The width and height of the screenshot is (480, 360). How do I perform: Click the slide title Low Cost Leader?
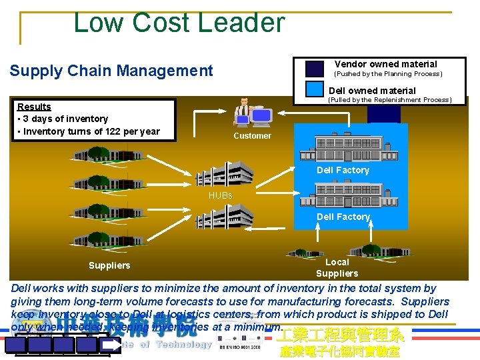click(179, 22)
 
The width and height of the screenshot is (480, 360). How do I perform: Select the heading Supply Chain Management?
click(111, 71)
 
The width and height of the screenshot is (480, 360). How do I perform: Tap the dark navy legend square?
click(314, 69)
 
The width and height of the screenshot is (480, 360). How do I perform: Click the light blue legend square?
click(314, 89)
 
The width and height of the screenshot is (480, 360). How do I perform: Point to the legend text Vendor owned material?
click(385, 64)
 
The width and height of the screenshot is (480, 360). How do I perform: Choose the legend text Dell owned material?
click(372, 91)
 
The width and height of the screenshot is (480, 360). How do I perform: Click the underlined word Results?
click(34, 107)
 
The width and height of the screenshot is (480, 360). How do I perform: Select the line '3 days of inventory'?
click(62, 119)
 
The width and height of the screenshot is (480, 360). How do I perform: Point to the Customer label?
click(252, 136)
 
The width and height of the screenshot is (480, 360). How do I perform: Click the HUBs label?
click(221, 195)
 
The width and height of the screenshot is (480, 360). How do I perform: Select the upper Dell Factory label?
click(343, 170)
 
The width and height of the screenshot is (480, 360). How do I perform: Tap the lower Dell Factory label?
click(343, 217)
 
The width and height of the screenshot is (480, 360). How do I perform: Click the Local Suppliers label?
click(337, 267)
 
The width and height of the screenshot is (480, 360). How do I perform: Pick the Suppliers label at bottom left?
click(109, 266)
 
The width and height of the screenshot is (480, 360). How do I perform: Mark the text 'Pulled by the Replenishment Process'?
click(389, 100)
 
